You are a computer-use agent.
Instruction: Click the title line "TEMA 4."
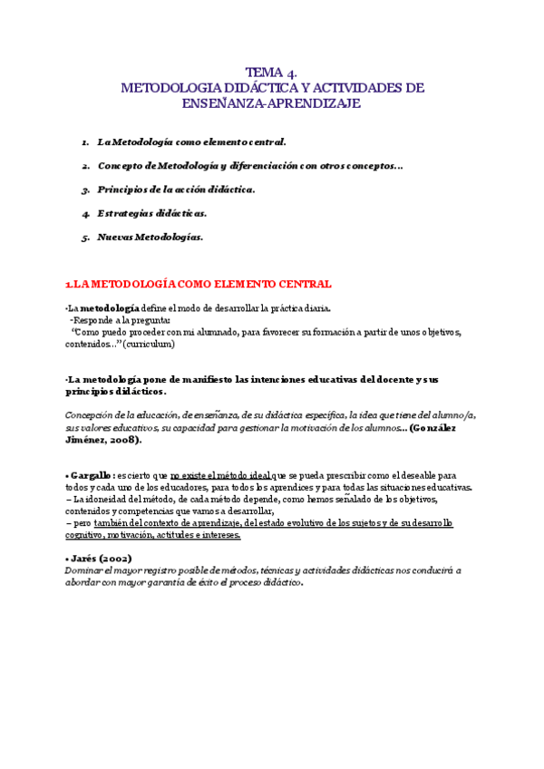point(272,72)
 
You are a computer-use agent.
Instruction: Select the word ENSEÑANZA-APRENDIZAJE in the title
point(272,104)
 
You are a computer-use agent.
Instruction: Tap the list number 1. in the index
point(84,142)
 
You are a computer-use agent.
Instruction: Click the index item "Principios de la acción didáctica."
point(176,190)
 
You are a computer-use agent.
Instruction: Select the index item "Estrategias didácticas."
point(151,214)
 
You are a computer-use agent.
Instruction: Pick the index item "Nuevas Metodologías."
point(150,238)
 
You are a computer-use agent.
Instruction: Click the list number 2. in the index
point(84,166)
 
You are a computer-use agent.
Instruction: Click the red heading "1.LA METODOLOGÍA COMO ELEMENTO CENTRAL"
point(199,284)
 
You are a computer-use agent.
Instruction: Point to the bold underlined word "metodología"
point(111,307)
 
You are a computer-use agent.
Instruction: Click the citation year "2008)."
point(123,439)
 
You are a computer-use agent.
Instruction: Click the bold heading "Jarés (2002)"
point(98,559)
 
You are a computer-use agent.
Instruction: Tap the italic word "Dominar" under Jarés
point(84,570)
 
